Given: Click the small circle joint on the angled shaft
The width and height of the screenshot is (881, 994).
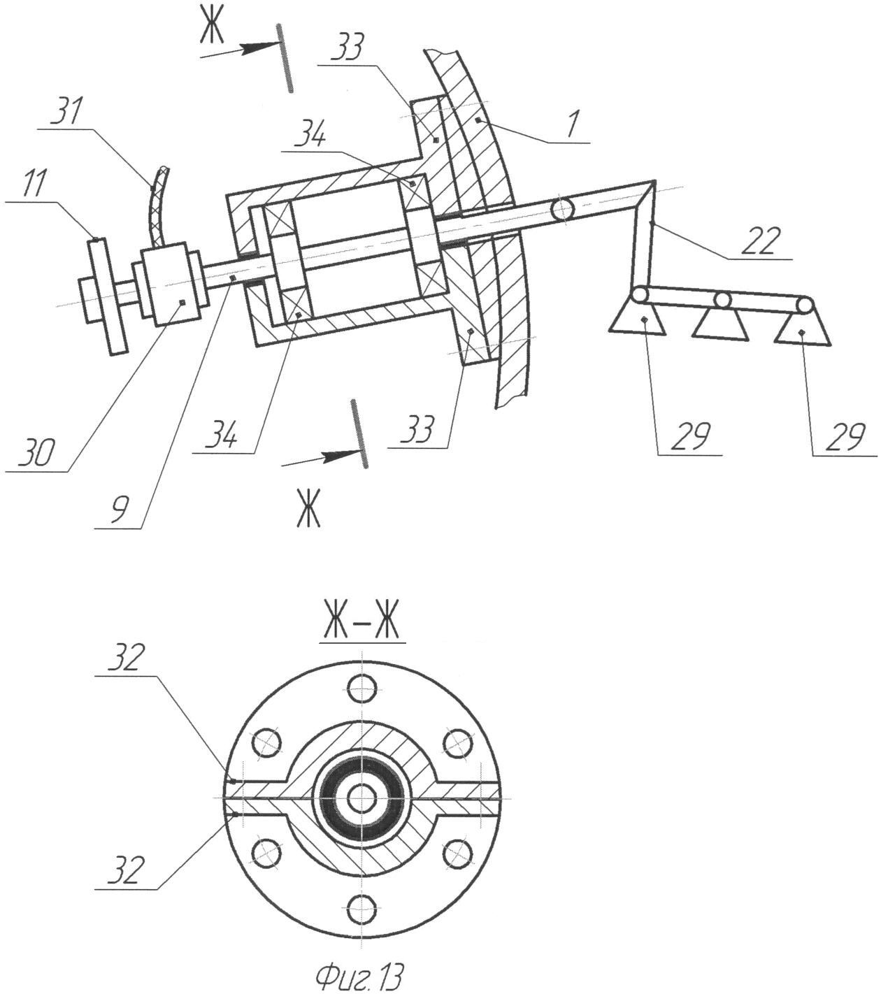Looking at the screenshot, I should click(562, 208).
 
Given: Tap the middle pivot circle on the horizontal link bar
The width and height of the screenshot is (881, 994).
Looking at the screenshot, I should click(722, 301).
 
